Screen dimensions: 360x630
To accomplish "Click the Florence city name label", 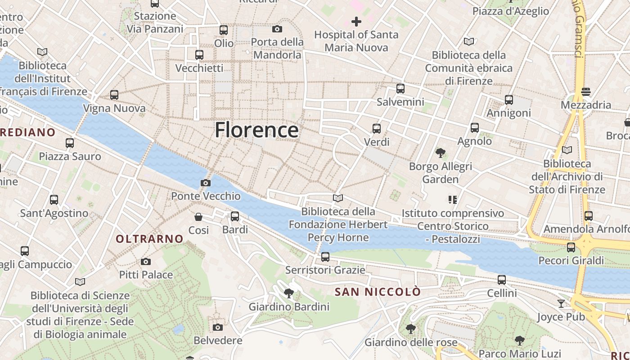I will [256, 130].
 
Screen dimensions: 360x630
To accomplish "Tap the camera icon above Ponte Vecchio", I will [206, 183].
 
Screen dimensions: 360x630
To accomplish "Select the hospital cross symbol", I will [356, 21].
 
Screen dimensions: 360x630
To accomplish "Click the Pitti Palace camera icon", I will [146, 261].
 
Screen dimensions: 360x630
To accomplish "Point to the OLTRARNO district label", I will [149, 239].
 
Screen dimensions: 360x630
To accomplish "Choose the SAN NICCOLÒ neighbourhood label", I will [378, 292].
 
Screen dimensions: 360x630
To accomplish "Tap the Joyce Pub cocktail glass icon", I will [561, 304].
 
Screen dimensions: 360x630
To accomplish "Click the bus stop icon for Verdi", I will [377, 129].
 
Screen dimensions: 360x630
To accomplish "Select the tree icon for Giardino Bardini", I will [289, 294].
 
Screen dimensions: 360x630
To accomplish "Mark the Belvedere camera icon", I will [218, 327].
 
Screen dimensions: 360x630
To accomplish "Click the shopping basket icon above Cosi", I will [198, 217].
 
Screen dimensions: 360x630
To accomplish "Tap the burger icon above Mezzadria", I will [585, 92].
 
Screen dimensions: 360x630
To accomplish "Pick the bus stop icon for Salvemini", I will [400, 89].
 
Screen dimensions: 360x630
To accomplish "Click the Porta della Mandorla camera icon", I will [277, 29].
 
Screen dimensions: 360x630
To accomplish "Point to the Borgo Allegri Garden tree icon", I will [441, 153].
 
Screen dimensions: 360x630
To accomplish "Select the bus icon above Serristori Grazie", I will [325, 257].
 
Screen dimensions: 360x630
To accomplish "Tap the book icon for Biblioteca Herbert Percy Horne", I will [338, 198].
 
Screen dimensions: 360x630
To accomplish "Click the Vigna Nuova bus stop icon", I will [114, 95].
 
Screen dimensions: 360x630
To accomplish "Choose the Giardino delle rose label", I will [411, 342].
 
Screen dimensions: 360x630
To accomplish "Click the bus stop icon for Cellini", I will [502, 280].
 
